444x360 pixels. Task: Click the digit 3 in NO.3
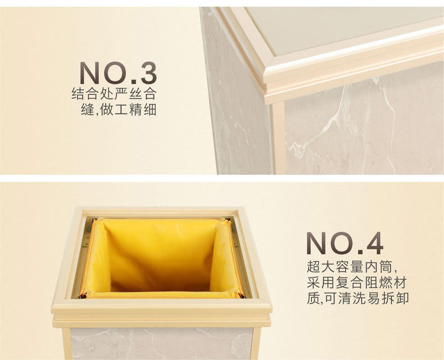coord(148,73)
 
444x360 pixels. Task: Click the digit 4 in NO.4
coord(375,243)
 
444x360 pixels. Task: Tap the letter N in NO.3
coord(89,73)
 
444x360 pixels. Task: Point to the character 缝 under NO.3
coord(88,110)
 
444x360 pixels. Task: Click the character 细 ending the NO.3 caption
coord(150,110)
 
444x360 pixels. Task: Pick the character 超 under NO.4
coord(313,267)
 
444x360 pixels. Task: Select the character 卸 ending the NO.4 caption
coord(402,299)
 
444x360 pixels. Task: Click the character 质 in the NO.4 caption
coord(313,299)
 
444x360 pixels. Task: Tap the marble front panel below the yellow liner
coord(161,344)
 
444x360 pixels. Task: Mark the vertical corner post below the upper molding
coord(279,138)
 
